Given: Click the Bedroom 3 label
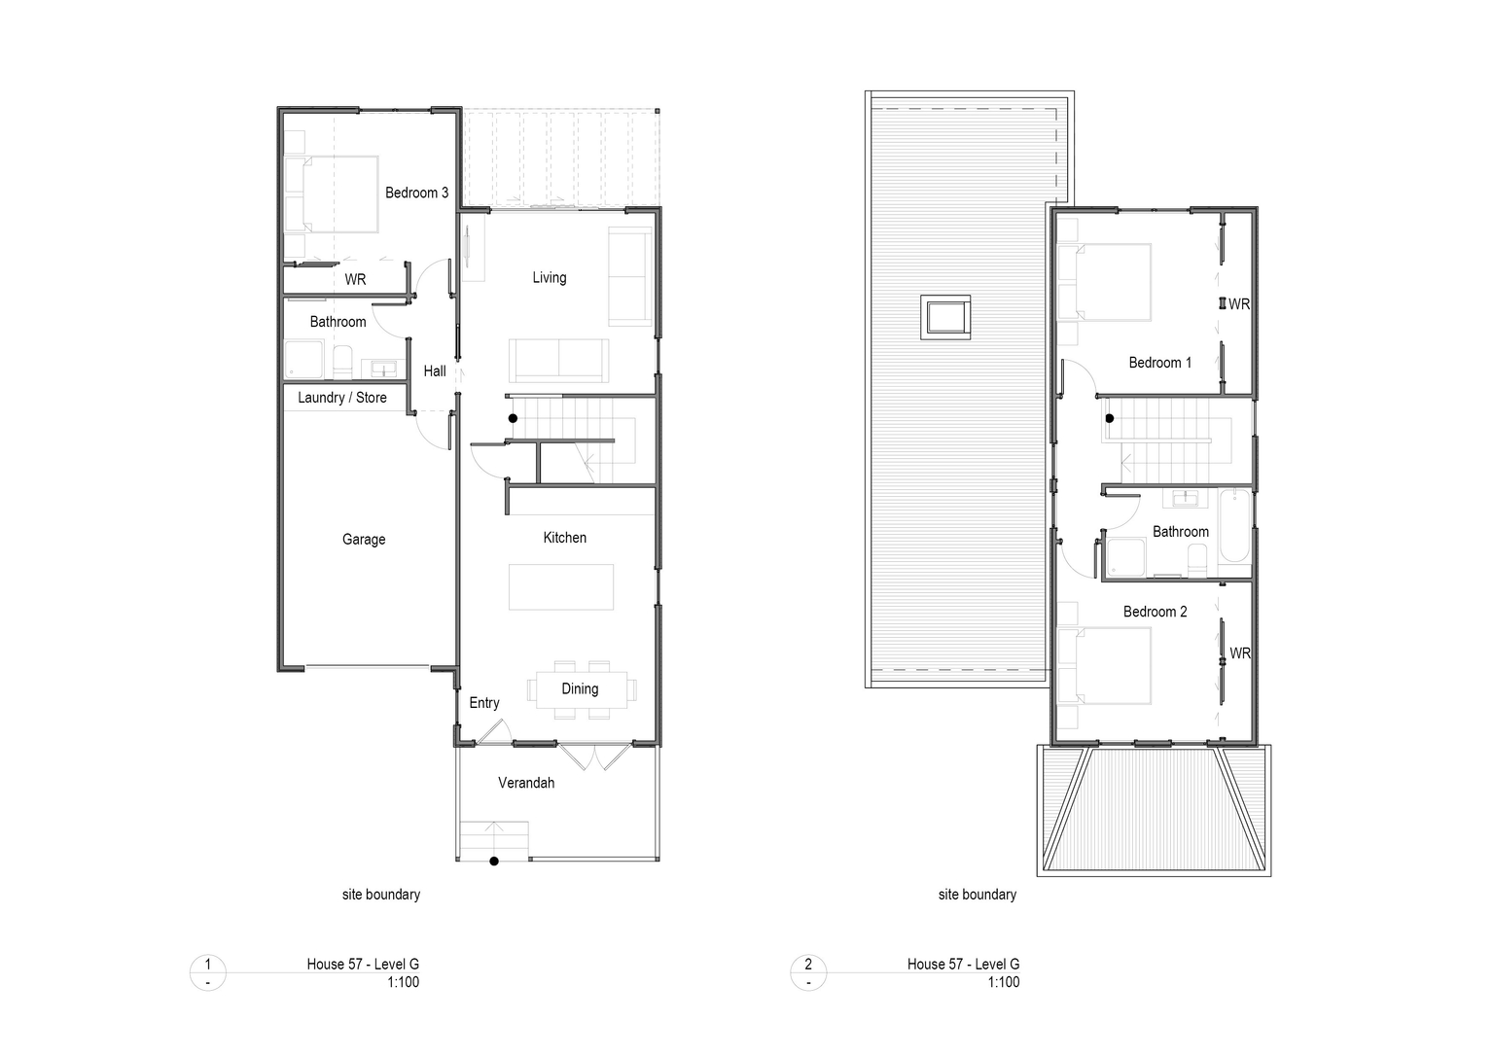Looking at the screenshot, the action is pos(416,193).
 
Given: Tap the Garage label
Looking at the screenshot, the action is pos(364,540).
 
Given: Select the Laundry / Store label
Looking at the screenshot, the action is pos(341,398).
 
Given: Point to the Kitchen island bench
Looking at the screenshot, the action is pos(561,586).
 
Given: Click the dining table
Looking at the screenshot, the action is pos(581,689).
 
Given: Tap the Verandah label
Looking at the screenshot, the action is pos(526,783).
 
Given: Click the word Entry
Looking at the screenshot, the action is pos(484,703).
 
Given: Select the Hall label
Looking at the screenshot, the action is pos(435,370).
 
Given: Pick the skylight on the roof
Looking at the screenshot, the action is pos(945,317).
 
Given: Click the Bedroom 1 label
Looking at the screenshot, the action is pos(1159,363).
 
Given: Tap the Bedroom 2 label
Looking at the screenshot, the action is pos(1156,612).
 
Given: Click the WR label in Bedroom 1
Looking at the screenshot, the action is pos(1239,304).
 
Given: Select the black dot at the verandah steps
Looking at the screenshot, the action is pos(494,862).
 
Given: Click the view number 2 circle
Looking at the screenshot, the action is pos(808,972).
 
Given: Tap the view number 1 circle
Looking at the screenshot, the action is pos(207,972).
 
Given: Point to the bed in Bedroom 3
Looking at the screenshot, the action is pos(332,194).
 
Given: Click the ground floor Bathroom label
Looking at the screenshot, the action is pos(338,322).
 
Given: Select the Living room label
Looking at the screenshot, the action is pos(550,277).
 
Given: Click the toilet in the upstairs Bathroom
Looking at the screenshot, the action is pos(1198,561).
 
